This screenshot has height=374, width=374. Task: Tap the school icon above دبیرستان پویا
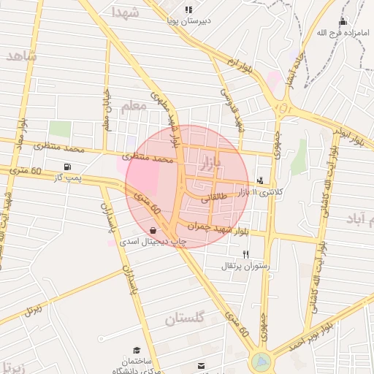click(188, 9)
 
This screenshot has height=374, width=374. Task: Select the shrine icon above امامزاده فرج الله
click(343, 21)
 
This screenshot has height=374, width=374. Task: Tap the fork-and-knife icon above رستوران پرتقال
click(245, 255)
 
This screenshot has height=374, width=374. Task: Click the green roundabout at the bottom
click(260, 361)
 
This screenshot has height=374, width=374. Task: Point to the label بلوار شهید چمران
click(216, 229)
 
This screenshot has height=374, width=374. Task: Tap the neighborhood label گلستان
click(187, 318)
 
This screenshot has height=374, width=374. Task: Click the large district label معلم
click(134, 106)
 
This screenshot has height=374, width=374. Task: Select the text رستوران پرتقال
click(245, 267)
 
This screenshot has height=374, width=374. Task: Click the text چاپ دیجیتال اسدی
click(154, 240)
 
